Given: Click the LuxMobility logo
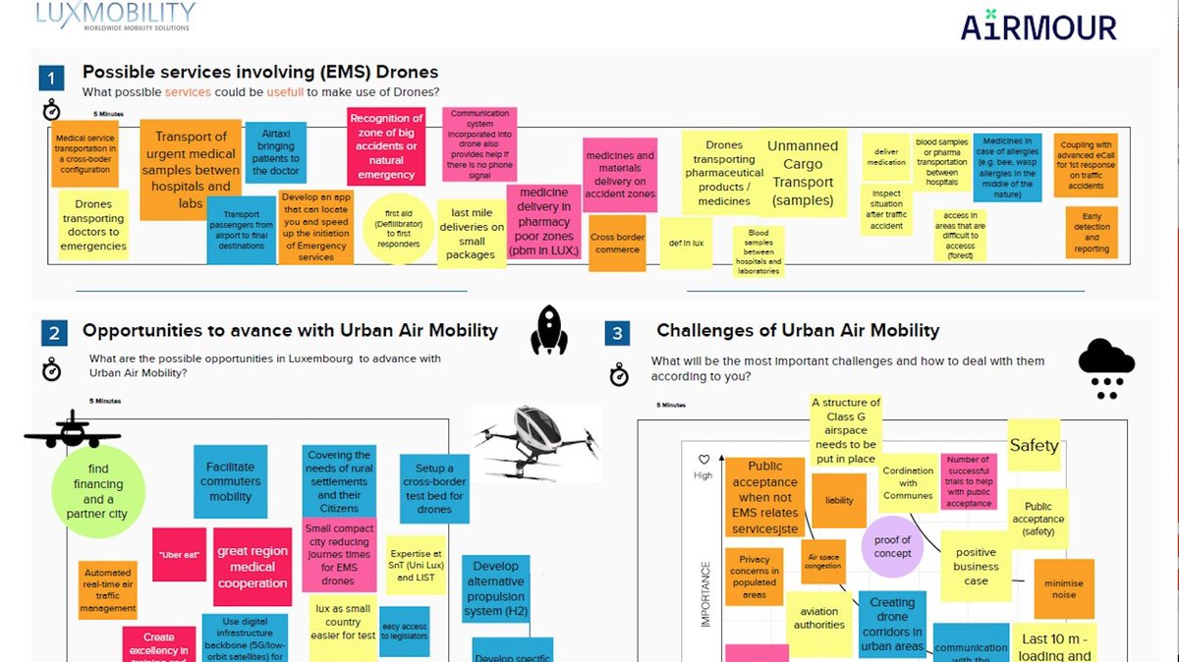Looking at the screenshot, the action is click(115, 17).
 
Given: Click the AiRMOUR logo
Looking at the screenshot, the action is click(1039, 27).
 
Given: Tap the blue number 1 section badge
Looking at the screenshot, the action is click(52, 78).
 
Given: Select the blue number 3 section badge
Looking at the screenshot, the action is click(617, 334).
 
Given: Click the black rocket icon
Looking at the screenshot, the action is click(549, 330).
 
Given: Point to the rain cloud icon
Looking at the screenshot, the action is click(1106, 367).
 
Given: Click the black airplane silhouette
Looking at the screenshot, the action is click(73, 432).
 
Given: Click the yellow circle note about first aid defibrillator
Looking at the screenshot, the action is click(398, 229).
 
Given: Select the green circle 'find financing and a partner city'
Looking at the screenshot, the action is click(98, 492).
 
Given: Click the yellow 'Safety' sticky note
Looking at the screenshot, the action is click(1034, 445).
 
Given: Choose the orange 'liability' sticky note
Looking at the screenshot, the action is click(839, 500).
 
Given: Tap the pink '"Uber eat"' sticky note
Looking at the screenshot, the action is click(179, 555).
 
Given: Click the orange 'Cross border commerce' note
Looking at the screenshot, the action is click(616, 243).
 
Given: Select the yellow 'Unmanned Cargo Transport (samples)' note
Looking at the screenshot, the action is click(803, 173).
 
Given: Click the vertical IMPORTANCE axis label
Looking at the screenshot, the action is click(704, 593).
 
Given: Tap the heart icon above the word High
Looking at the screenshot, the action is click(702, 459).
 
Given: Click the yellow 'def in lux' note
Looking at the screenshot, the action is click(685, 243).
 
